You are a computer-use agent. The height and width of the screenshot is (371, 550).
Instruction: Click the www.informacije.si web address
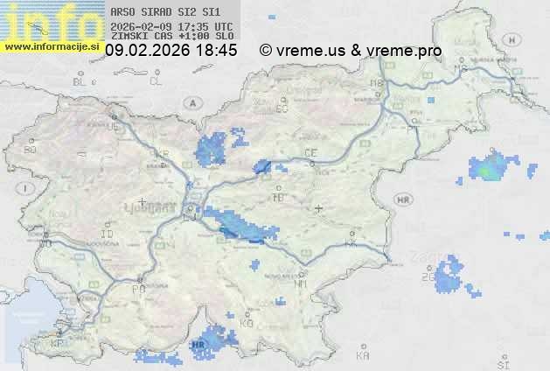pyautogui.click(x=52, y=45)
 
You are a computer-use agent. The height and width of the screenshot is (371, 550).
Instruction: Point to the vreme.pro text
pyautogui.click(x=403, y=51)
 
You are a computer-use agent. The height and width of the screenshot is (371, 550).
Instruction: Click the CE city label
pyautogui.click(x=310, y=153)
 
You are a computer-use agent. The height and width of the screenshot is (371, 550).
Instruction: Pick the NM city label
pyautogui.click(x=302, y=283)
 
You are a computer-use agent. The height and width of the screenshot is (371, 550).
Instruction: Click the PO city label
pyautogui.click(x=137, y=288)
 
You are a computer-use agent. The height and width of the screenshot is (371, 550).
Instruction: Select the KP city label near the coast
pyautogui.click(x=58, y=344)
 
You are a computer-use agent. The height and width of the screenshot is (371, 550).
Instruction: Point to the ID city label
pyautogui.click(x=108, y=234)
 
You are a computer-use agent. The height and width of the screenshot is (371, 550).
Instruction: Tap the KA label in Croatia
pyautogui.click(x=363, y=355)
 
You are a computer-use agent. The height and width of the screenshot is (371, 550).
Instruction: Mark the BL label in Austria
pyautogui.click(x=80, y=81)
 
